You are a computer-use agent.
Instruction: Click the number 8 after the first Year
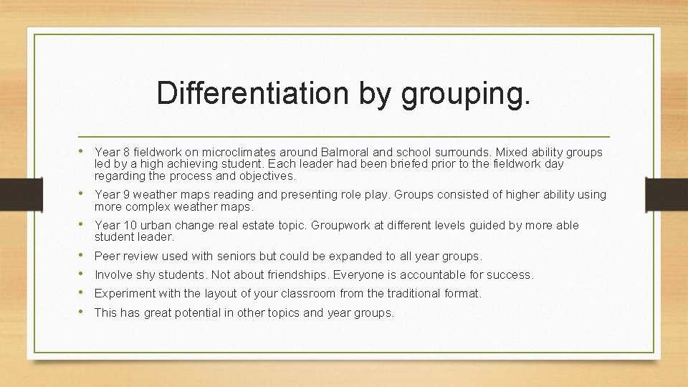click(125, 153)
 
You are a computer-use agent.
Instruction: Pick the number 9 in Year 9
click(125, 195)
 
